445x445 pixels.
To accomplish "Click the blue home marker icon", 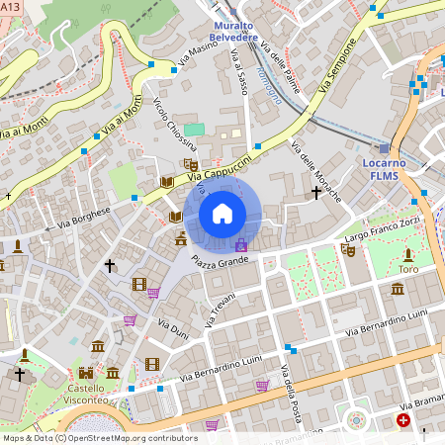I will [222, 213].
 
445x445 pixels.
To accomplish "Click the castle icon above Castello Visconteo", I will [86, 373].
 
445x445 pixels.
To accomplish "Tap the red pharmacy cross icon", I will [403, 420].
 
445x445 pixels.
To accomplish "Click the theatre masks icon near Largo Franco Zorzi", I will [348, 251].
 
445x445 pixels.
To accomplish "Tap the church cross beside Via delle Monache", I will [316, 191].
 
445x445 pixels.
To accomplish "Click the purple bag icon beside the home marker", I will [240, 243].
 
